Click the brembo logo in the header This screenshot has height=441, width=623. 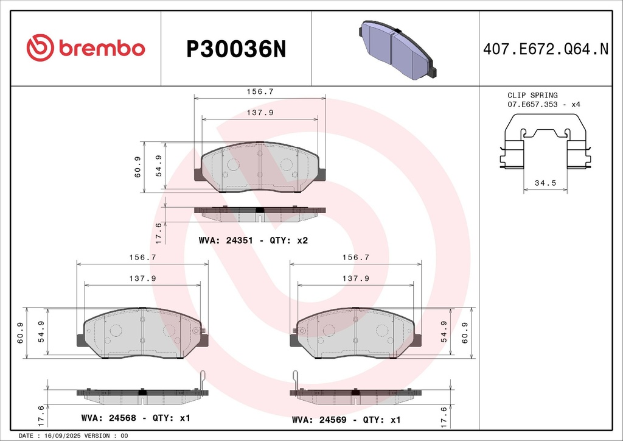pos(85,48)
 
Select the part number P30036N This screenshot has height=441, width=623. pos(236,49)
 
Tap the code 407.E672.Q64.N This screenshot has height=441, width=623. pos(546,49)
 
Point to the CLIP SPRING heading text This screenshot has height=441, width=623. pos(532,95)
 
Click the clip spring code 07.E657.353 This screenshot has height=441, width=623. pos(532,105)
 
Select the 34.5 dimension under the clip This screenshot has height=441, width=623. pos(545,183)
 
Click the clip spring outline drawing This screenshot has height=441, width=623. pos(545,141)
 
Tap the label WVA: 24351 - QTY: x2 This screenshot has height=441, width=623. pos(254,241)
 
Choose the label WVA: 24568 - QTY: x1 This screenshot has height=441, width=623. pos(136,418)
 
